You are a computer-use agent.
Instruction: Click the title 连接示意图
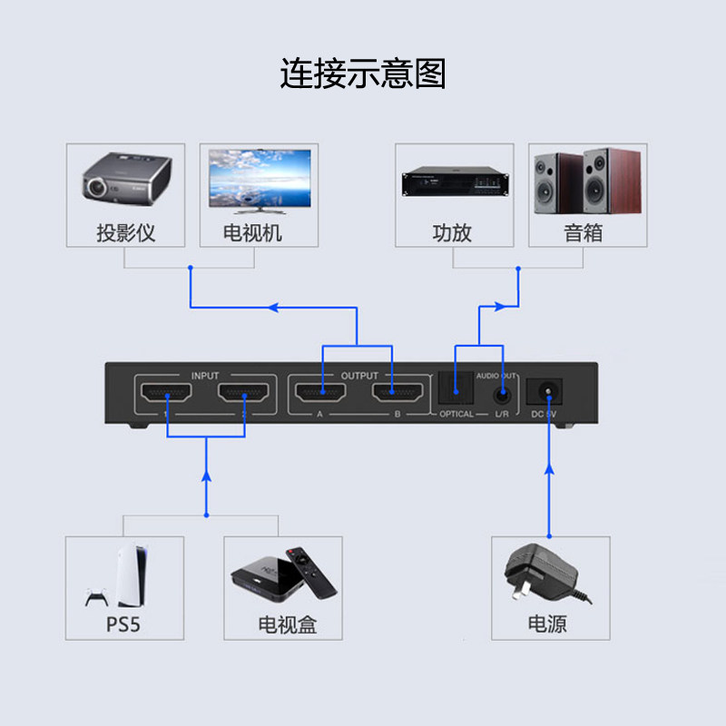point(363,74)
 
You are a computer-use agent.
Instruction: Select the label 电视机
point(253,233)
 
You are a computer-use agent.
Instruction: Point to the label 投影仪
point(126,233)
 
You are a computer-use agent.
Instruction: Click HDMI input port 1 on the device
point(167,395)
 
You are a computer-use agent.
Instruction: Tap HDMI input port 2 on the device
point(245,395)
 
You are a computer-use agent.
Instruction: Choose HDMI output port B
point(397,395)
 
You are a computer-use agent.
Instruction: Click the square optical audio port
point(456,391)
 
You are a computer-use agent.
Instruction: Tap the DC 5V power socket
point(548,393)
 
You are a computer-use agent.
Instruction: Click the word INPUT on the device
point(205,375)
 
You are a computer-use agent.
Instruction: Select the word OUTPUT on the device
point(359,375)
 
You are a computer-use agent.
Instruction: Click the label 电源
point(547,624)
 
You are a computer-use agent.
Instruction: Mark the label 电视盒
point(288,624)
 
